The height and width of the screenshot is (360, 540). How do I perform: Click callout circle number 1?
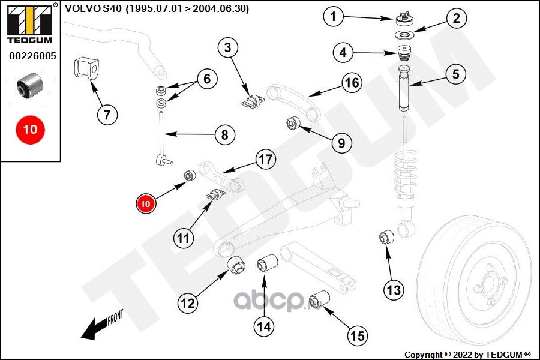point(334,16)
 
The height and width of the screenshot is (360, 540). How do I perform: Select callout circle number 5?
point(456,74)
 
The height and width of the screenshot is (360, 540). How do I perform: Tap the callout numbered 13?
point(394,290)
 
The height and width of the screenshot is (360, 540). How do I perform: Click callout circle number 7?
point(106,114)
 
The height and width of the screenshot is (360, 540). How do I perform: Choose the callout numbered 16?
point(352,82)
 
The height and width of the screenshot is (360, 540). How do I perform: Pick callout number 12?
point(188,304)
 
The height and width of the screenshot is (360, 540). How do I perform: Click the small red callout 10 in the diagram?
point(146,203)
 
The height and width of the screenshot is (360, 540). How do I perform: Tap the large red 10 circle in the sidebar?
point(30,129)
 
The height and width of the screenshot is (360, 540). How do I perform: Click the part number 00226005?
point(32,56)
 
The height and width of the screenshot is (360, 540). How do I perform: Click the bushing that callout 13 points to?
point(386,237)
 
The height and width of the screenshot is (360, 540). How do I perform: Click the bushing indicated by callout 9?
point(293,124)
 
